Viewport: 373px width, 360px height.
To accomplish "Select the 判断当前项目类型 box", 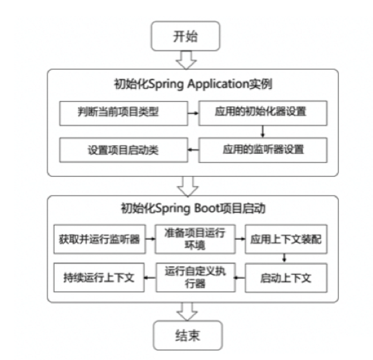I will click(x=121, y=112).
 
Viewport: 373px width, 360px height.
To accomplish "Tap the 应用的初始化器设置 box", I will click(x=262, y=112).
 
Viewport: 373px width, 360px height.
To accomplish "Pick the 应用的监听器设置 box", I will click(x=262, y=150).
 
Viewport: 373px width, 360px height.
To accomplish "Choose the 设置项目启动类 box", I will click(x=121, y=150).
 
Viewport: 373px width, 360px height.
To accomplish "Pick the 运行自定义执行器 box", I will click(x=195, y=277).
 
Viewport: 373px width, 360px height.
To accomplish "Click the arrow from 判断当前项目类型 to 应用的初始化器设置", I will click(x=192, y=113).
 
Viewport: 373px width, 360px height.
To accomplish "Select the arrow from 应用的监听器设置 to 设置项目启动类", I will click(x=192, y=151).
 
